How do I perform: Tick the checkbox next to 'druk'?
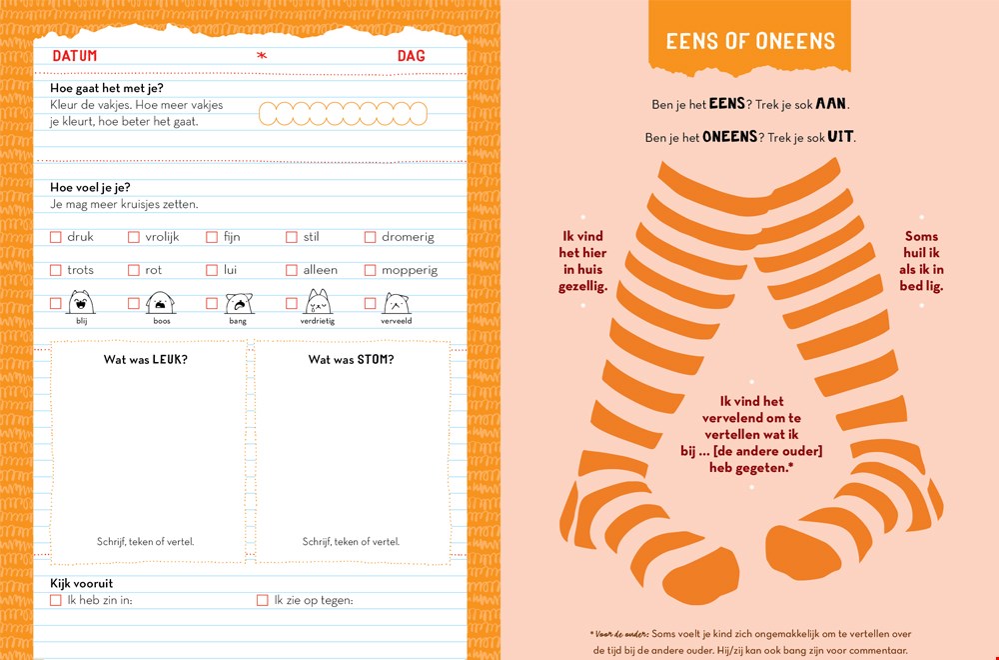(55, 237)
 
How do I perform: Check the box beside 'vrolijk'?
(133, 237)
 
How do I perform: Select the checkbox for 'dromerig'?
(370, 237)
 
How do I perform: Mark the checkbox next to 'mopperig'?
(370, 270)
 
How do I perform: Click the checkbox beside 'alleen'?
(291, 270)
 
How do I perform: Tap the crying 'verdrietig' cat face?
(318, 302)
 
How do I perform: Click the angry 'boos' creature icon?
(160, 303)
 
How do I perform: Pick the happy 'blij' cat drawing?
(81, 302)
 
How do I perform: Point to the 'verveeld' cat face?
(396, 304)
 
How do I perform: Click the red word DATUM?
(75, 56)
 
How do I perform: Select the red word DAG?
(411, 56)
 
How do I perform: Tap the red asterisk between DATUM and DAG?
(261, 56)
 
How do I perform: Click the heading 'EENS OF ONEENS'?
(750, 41)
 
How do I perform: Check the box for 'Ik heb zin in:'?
(55, 600)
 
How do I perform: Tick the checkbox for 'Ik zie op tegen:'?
(262, 600)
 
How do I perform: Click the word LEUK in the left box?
(170, 360)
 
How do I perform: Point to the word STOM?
(376, 360)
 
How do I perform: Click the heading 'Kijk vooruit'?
(82, 583)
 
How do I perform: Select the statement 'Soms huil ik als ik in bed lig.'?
(921, 261)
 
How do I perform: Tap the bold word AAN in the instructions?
(832, 103)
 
